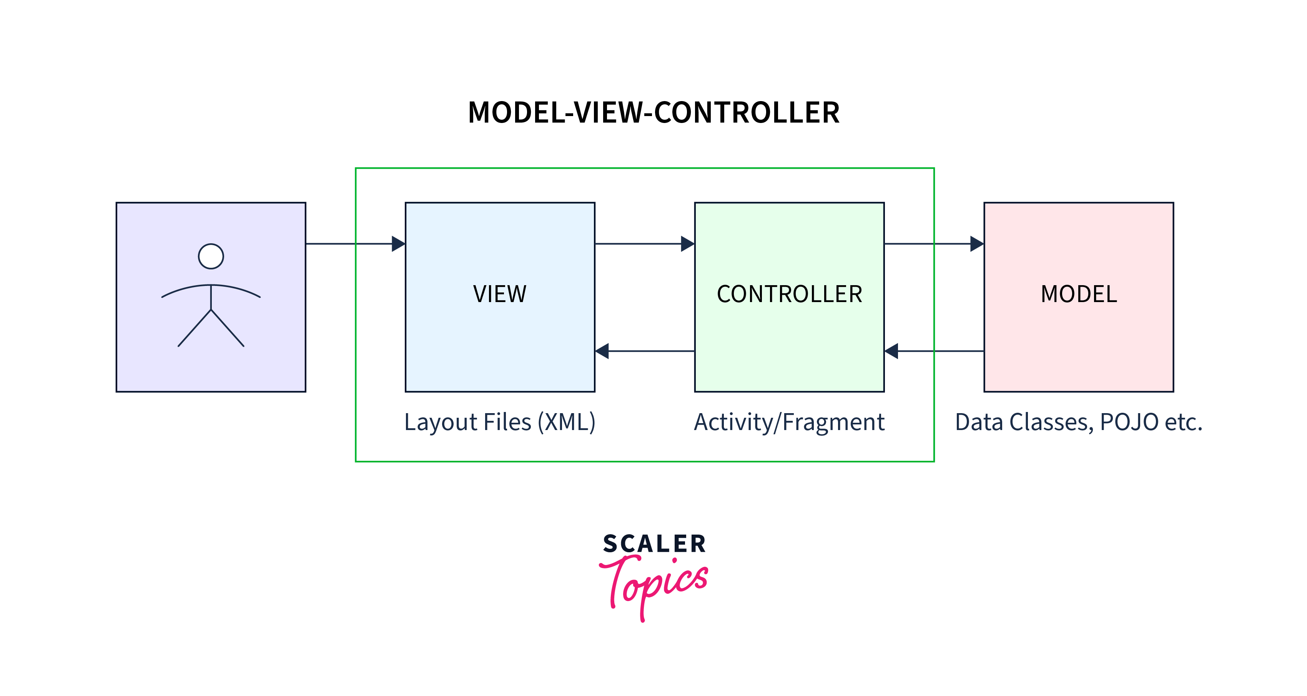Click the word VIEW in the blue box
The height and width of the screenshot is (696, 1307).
coord(500,294)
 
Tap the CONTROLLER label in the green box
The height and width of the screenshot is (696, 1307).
coord(790,294)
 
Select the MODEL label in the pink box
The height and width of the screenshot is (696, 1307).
coord(1079,294)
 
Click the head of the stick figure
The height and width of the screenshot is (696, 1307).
coord(211,256)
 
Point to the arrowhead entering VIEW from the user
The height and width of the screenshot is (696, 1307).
coord(398,244)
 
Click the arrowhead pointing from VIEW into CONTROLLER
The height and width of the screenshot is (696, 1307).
coord(687,244)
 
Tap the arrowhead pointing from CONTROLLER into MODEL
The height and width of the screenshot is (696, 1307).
coord(977,244)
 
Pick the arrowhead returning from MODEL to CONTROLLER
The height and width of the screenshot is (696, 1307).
coord(891,351)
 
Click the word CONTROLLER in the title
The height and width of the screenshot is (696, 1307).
coord(747,113)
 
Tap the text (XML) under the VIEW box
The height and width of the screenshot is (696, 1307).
coord(567,422)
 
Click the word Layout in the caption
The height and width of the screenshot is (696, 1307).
coord(441,422)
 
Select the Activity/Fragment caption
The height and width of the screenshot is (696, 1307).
coord(790,422)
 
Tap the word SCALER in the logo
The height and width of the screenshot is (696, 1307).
coord(655,544)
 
